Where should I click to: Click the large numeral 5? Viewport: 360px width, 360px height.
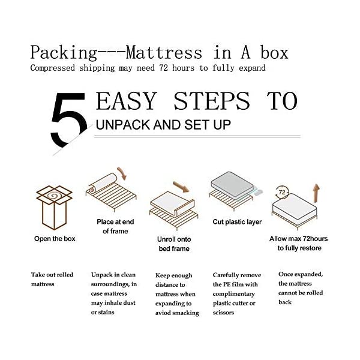[69, 119]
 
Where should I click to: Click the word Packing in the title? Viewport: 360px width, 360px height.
[64, 53]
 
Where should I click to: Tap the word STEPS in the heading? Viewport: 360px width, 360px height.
[211, 101]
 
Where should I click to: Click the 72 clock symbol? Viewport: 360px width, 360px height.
[282, 192]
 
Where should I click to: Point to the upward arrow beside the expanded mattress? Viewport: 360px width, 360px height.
[317, 193]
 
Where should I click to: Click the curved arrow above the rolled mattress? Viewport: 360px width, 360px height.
[122, 173]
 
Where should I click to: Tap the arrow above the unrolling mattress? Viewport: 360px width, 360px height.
[181, 187]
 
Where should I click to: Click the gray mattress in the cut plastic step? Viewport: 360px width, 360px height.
[232, 185]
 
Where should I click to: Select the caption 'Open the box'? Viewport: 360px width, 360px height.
[55, 239]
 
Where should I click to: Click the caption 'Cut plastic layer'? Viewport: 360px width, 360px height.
[237, 222]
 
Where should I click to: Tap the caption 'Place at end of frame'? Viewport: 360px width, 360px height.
[115, 226]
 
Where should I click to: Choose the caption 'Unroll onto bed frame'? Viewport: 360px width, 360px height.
[174, 244]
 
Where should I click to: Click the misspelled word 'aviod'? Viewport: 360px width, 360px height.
[162, 313]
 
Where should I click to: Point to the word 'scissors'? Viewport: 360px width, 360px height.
[223, 313]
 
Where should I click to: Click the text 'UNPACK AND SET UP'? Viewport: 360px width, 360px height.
[163, 125]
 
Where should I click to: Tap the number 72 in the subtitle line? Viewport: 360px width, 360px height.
[163, 68]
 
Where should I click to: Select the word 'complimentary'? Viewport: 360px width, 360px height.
[234, 294]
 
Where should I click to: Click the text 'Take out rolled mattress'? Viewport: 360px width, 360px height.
[52, 280]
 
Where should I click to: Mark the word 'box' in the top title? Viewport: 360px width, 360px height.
[274, 53]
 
